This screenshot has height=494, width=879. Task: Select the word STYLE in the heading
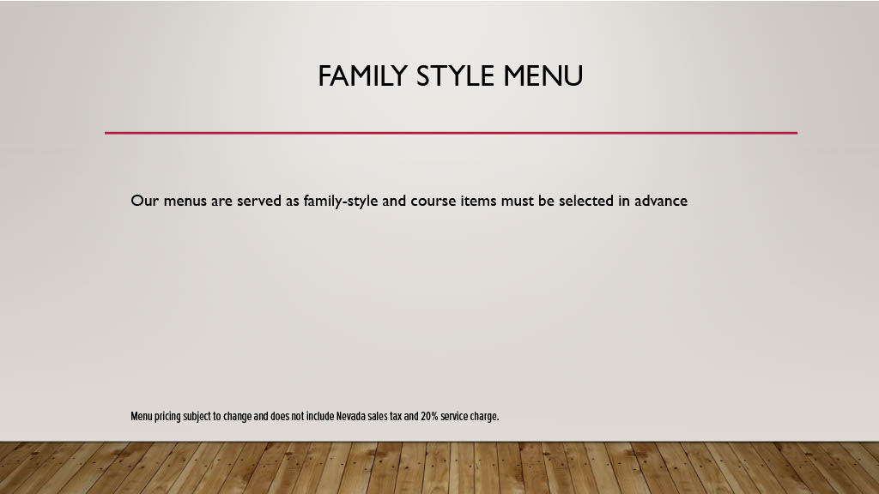tap(455, 76)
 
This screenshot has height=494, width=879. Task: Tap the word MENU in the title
tap(543, 76)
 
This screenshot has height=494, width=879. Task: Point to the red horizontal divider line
tap(451, 133)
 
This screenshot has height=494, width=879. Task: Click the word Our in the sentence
tap(144, 201)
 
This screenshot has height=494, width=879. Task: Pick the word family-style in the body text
tap(340, 201)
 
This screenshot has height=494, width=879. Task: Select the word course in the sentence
tap(433, 201)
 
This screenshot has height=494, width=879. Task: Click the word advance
tap(661, 201)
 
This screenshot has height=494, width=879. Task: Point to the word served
tap(259, 201)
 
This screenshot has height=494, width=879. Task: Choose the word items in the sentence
tap(478, 201)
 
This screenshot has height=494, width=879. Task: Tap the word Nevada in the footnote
tap(351, 416)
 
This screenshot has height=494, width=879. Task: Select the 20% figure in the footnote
tap(429, 416)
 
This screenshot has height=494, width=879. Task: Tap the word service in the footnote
tap(454, 416)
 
